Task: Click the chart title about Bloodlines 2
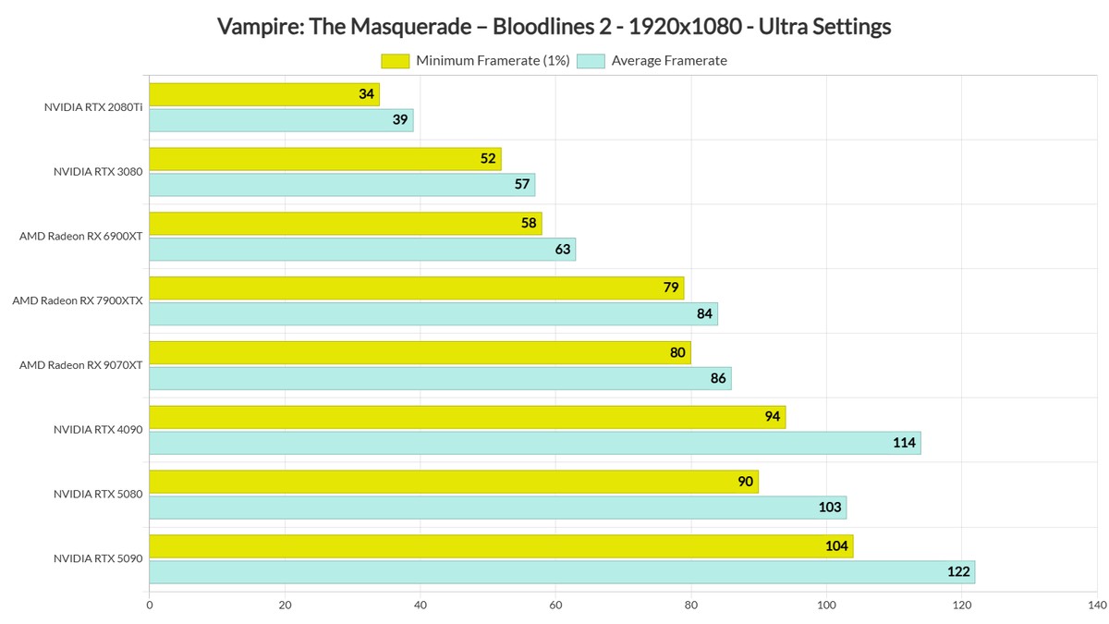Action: pos(554,27)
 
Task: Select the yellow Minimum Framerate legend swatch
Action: pos(395,61)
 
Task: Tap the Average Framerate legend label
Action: pos(669,61)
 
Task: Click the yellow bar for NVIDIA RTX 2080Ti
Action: pos(263,94)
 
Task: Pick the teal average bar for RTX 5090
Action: pos(562,572)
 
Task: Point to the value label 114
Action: pos(904,443)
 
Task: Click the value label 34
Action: pos(367,94)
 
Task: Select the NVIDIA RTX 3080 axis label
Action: pos(98,171)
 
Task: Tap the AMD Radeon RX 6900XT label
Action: pos(81,236)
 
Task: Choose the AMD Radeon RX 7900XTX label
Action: pos(78,300)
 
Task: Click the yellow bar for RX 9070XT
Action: pos(420,352)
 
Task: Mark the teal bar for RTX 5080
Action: pos(497,508)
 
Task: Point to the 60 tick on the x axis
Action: pos(555,606)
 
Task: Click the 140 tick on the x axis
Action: pos(1097,606)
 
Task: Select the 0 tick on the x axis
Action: pos(150,606)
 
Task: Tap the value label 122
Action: pos(958,572)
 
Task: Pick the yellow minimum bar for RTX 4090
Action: pos(467,417)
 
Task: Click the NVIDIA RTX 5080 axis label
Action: pos(98,495)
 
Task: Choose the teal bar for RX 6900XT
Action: pos(362,250)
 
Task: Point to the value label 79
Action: pos(671,288)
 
